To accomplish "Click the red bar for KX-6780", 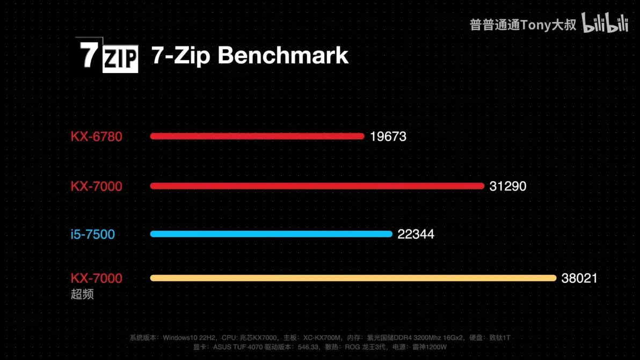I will point(257,136).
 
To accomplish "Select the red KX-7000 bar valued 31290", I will point(317,186).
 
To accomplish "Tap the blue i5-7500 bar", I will point(271,234).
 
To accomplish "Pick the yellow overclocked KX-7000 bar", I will point(353,278).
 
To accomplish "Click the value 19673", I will point(388,137).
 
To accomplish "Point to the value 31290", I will point(508,186).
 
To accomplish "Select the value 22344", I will point(416,234).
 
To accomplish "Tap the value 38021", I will point(579,278).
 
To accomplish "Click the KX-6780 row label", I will point(97,137).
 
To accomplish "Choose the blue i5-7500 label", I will point(93,234).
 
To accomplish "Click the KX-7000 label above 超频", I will point(97,278).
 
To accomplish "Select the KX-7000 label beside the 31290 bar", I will point(97,186).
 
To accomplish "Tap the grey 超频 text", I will point(82,294).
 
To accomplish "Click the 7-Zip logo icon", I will point(107,55).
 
